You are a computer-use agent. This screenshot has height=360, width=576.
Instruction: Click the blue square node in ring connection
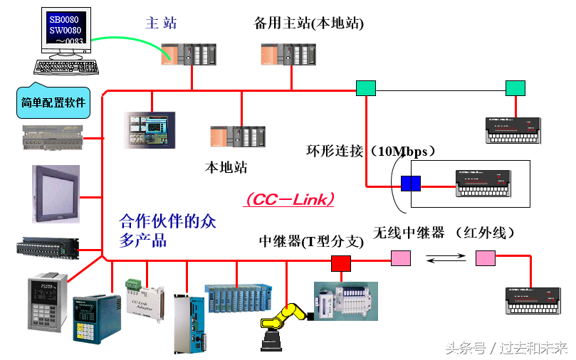pos(411,184)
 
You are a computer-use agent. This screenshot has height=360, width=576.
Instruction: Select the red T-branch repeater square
pos(341,263)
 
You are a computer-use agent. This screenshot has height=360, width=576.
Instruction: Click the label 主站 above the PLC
pos(161,23)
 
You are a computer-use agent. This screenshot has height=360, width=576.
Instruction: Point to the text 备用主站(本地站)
pos(309,23)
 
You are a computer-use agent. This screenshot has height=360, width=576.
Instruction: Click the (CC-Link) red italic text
pos(290,200)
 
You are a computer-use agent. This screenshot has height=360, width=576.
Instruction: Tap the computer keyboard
pos(66,66)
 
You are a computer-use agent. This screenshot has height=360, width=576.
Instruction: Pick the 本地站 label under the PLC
pos(226,168)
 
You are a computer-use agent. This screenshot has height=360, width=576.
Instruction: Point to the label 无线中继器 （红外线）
pos(444,232)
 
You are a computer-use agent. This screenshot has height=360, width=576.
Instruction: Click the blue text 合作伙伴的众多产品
pos(167,231)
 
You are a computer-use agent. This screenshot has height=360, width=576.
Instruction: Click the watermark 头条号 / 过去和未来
pos(506,348)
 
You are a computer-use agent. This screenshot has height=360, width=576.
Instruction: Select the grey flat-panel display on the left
pos(56,194)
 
